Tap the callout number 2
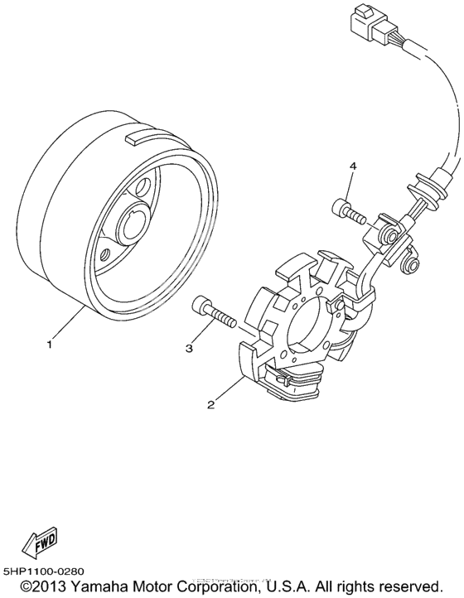click(211, 405)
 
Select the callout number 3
click(189, 349)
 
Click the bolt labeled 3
click(214, 314)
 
